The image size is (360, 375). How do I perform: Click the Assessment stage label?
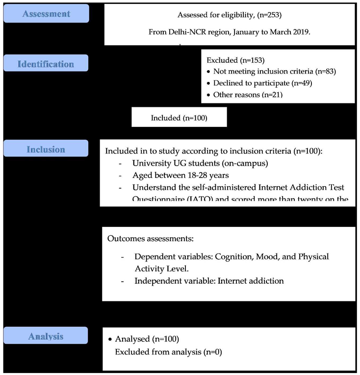coord(46,14)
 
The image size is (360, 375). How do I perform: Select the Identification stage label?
coord(46,64)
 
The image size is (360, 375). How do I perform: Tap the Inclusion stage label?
coord(46,149)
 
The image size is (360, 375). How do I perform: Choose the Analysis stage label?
coord(46,336)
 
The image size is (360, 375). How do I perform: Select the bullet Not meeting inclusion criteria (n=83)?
coord(274,72)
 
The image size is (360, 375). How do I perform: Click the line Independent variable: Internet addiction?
coord(209,281)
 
